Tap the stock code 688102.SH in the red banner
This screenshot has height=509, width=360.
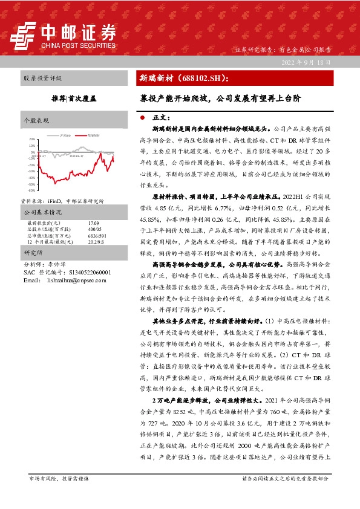201,78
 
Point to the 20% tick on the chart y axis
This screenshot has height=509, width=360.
31,139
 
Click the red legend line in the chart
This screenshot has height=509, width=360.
82,136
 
